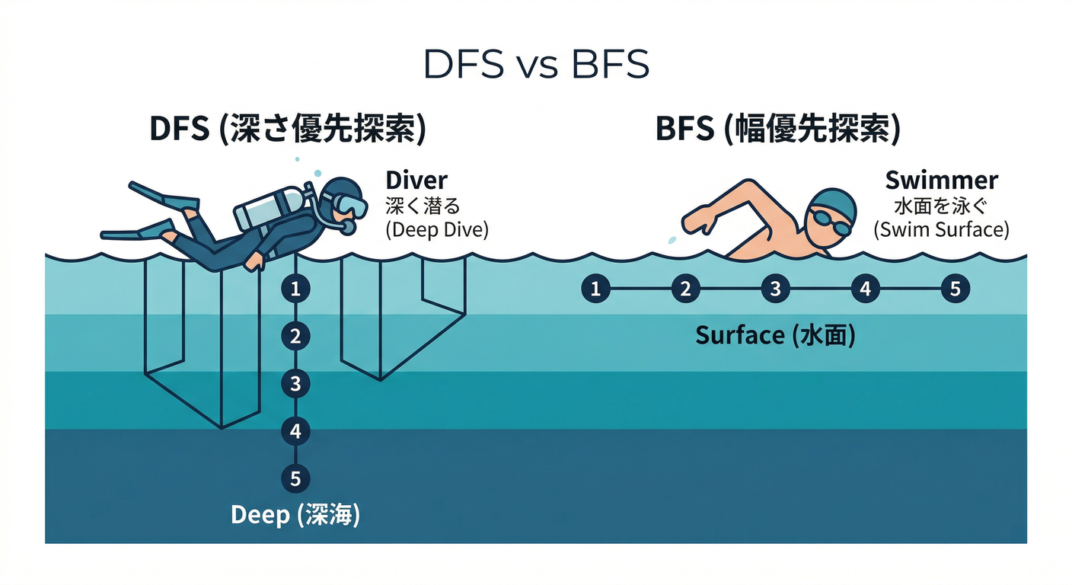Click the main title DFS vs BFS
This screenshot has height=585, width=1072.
tap(536, 64)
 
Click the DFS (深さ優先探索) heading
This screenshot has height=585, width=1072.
tap(288, 128)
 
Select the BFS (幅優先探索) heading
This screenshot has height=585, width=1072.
tap(778, 128)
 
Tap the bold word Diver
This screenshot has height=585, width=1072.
tap(416, 181)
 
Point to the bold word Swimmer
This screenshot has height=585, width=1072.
tap(941, 181)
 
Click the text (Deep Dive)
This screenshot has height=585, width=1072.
tap(437, 229)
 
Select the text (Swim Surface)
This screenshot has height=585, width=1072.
tap(941, 229)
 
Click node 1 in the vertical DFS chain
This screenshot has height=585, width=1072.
tap(295, 289)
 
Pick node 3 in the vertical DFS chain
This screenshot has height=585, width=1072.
tap(295, 383)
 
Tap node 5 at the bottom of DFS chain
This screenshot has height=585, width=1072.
tap(295, 478)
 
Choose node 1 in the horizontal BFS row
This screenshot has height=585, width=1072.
tap(596, 289)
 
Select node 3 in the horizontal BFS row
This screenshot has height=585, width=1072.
tap(775, 289)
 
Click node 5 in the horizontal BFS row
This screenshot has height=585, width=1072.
tap(956, 289)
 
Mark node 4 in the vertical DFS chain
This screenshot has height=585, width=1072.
tap(295, 431)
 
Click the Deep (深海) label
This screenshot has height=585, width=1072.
tap(295, 515)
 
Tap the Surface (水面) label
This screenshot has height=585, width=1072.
tap(775, 335)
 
